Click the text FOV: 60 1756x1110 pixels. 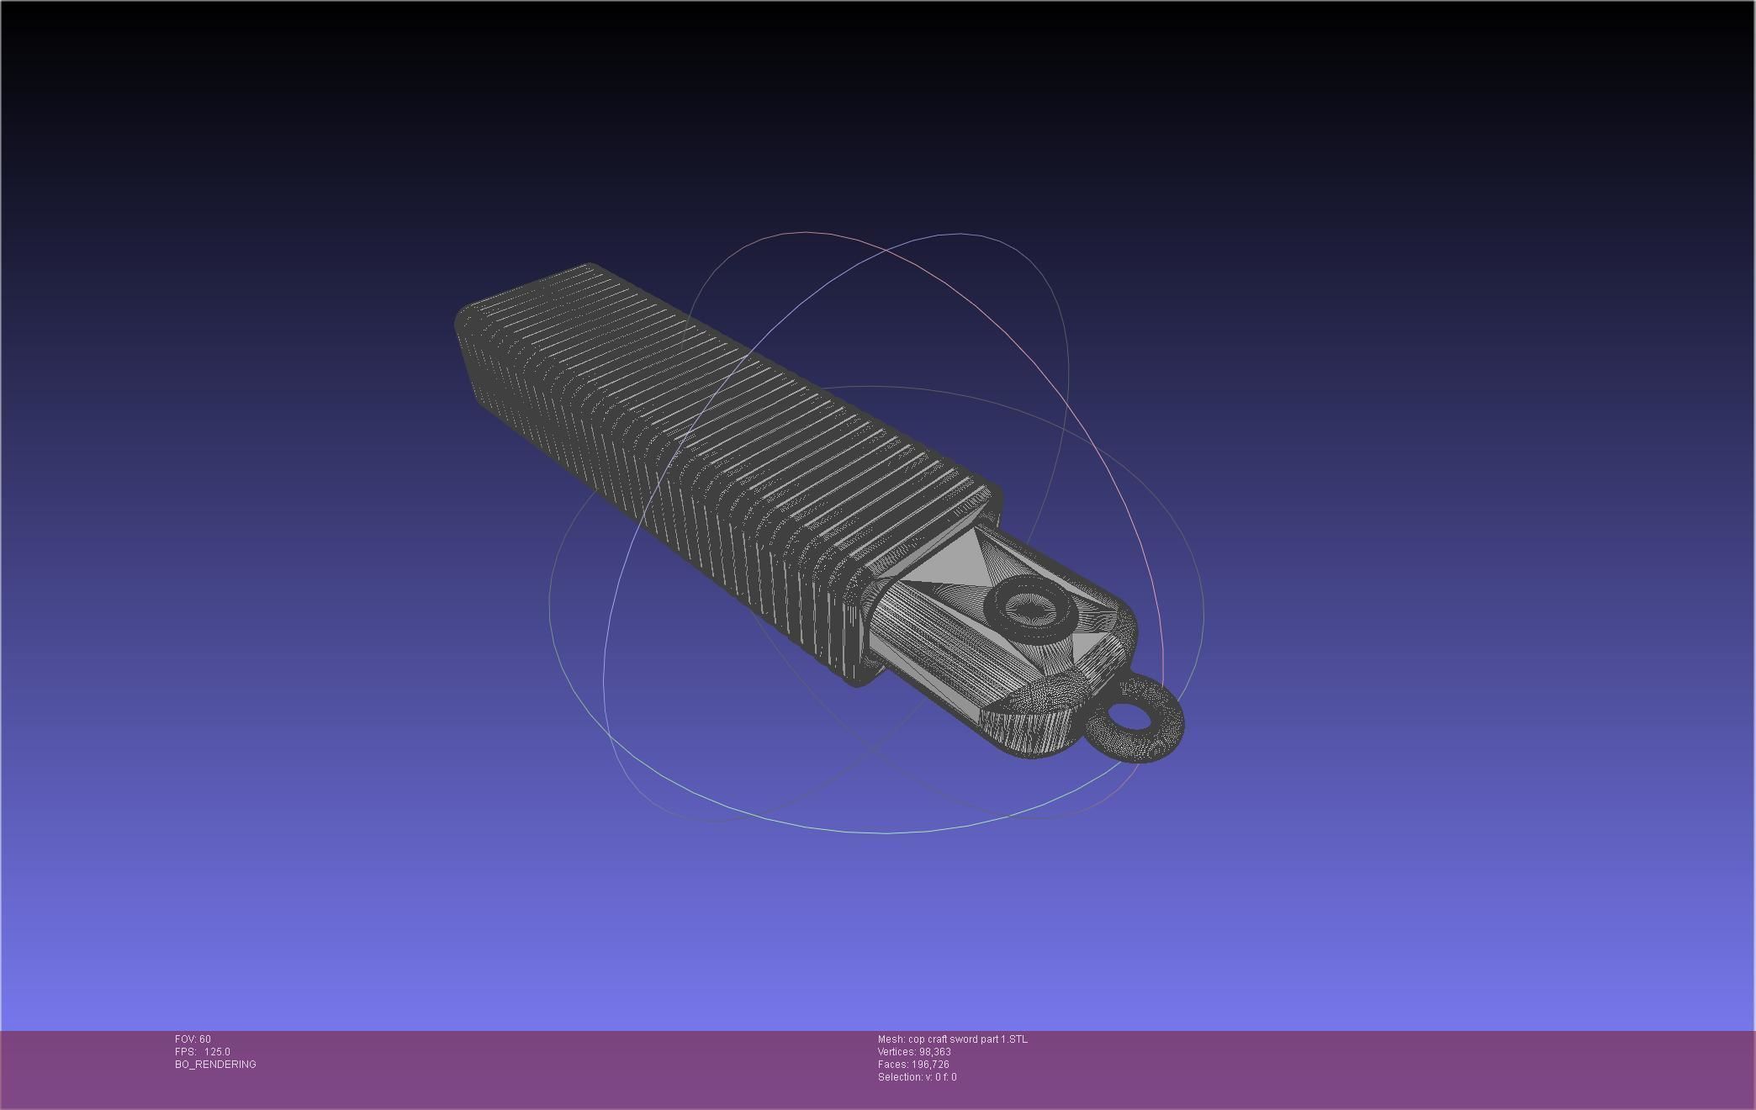[x=193, y=1039]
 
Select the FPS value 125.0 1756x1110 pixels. [x=216, y=1052]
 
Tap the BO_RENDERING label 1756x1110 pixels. [x=215, y=1065]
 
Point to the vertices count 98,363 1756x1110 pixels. [x=934, y=1052]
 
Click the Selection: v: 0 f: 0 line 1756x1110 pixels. [x=917, y=1077]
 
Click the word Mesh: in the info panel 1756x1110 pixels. [x=891, y=1039]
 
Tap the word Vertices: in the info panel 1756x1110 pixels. [x=897, y=1052]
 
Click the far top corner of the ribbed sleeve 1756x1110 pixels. [x=589, y=267]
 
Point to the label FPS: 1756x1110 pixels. [x=185, y=1052]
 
